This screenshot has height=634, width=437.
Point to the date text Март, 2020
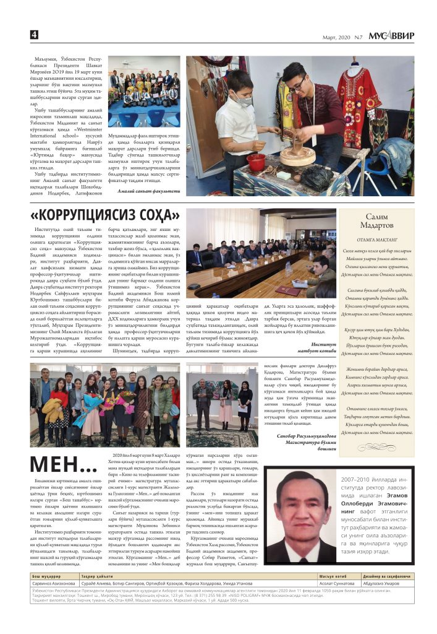coord(337,38)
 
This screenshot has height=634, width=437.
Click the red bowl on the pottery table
coord(257,162)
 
